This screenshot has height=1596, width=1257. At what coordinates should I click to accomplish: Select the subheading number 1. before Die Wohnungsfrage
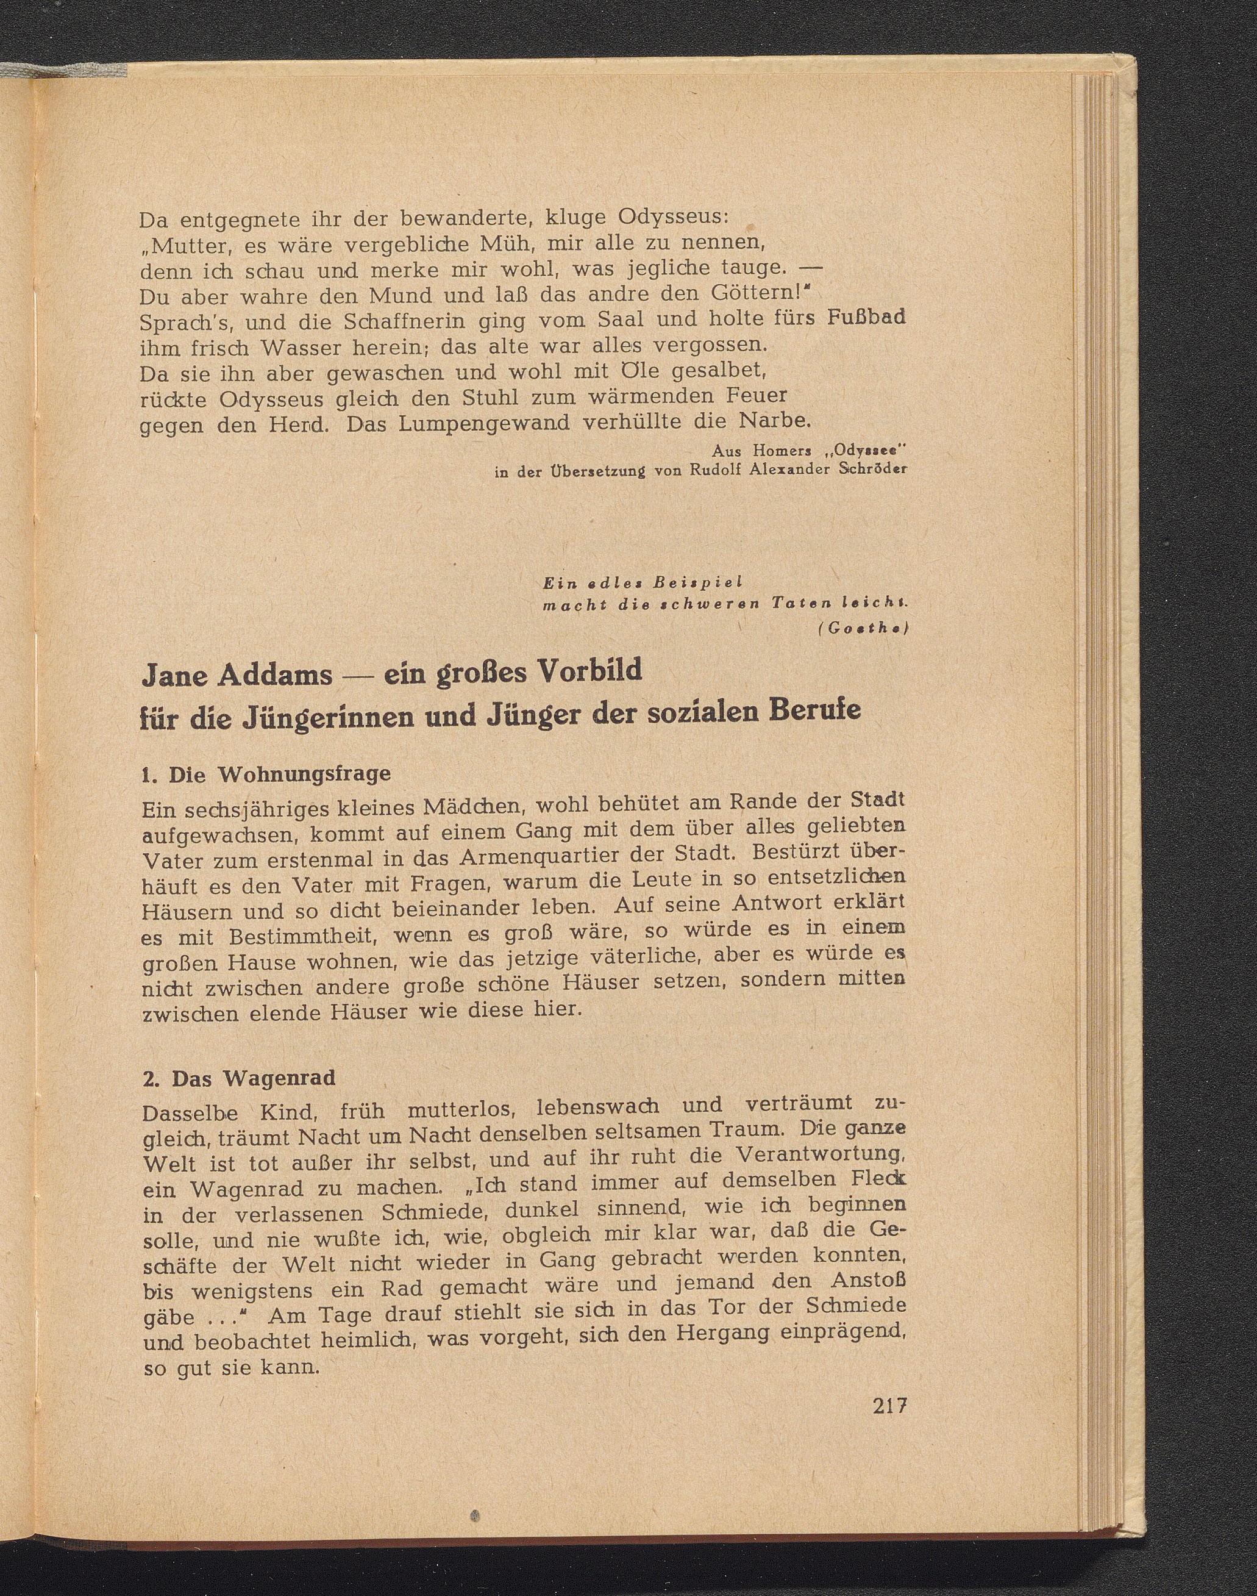click(149, 775)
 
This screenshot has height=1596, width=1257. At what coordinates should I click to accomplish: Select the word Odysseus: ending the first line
click(672, 218)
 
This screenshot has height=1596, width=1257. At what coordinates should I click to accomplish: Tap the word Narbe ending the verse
click(775, 420)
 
